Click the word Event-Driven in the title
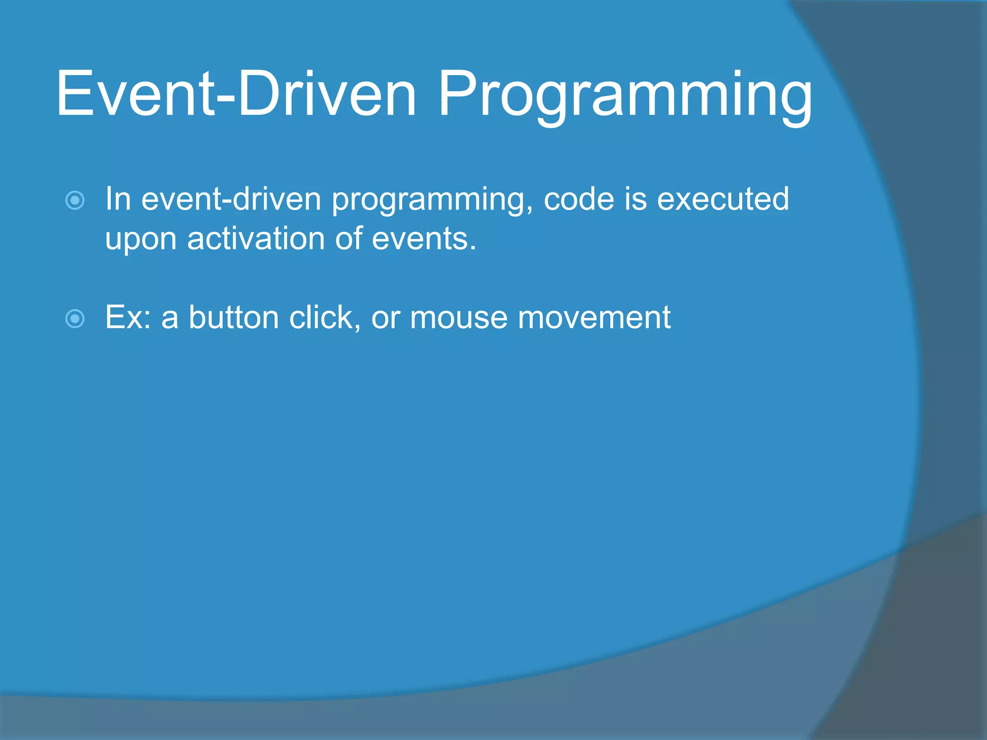pos(236,94)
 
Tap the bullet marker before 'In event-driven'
pos(75,200)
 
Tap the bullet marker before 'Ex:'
pos(75,318)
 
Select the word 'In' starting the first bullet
pos(118,198)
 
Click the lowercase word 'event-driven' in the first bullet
pos(231,199)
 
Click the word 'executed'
pos(723,198)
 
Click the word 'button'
pos(233,317)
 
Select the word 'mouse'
pos(459,318)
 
